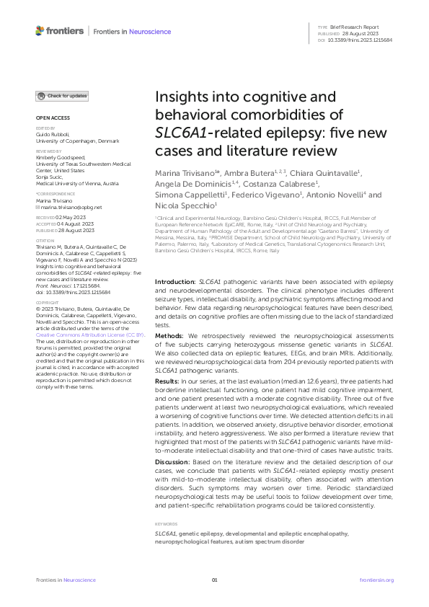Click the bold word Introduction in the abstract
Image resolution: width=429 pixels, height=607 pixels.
point(175,262)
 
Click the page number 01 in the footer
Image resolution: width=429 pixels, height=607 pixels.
point(214,580)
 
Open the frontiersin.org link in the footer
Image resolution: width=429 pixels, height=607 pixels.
point(376,580)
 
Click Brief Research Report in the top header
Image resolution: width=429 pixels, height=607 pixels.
point(353,26)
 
